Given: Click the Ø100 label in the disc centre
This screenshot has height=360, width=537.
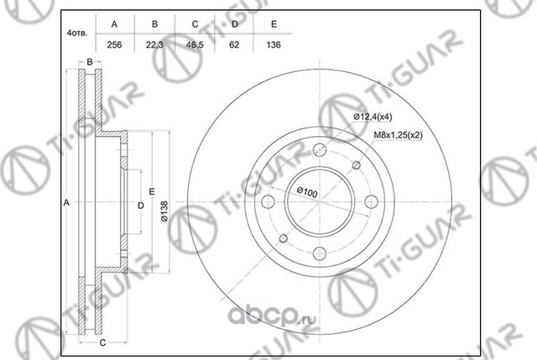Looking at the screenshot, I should (305, 194).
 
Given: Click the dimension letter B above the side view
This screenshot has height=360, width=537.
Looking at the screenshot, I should (88, 61).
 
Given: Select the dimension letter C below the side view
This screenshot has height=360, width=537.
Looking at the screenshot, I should (102, 343).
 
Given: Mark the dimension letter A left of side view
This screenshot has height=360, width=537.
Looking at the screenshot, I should (66, 203).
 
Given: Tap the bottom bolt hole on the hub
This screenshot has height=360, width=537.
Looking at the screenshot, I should (321, 257).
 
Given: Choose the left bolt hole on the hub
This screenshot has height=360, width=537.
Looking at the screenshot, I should (268, 203).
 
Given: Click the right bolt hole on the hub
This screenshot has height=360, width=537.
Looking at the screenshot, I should (374, 203).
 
